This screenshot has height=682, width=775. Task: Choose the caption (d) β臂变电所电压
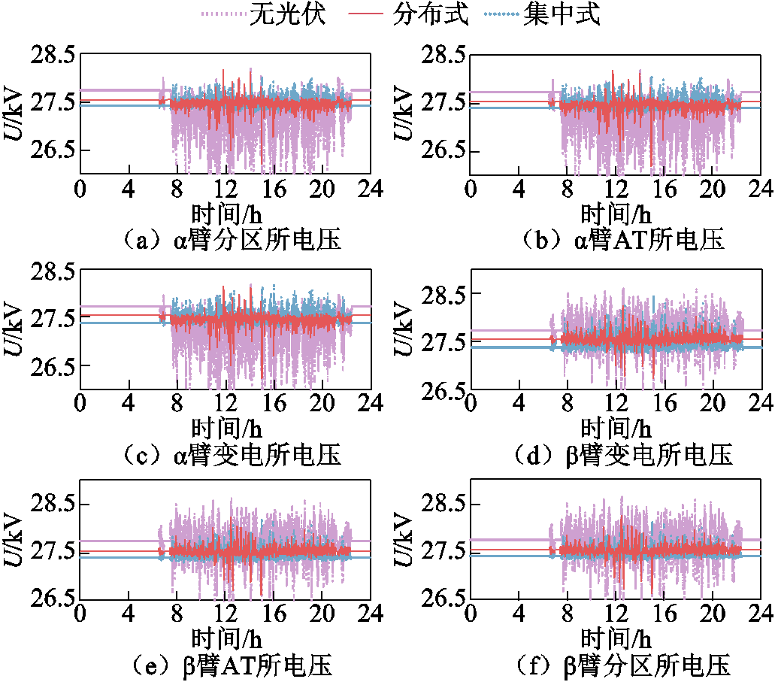click(616, 454)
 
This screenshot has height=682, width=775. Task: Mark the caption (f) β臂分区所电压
click(616, 666)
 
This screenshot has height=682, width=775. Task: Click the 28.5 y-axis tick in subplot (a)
click(53, 55)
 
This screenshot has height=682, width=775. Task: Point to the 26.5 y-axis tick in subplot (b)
click(444, 151)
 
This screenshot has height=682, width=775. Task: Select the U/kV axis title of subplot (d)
click(404, 330)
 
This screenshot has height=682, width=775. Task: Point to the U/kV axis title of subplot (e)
click(13, 541)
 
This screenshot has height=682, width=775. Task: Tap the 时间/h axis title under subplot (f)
click(616, 640)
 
